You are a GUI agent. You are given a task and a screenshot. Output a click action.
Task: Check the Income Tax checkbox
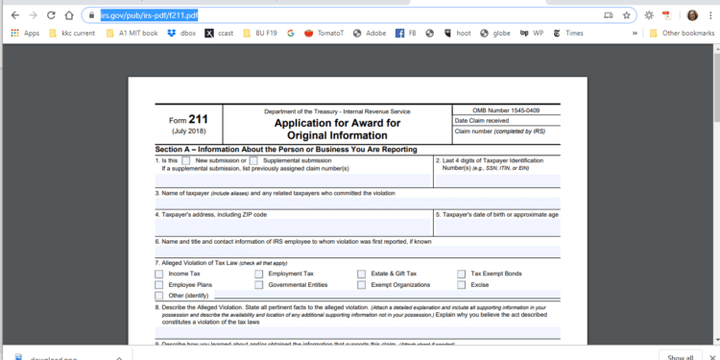tap(159, 274)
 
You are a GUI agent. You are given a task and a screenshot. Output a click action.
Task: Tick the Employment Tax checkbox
tap(259, 274)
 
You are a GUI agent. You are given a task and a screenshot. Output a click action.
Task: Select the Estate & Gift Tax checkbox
tap(361, 274)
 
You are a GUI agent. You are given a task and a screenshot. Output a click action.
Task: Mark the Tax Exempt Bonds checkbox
tap(462, 274)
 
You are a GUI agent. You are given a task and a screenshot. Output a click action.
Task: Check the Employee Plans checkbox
tap(159, 285)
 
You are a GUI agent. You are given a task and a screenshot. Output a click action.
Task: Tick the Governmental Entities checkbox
tap(259, 285)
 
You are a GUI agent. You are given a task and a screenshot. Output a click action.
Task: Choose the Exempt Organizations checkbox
tap(361, 285)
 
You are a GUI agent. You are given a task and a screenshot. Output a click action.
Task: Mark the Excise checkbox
tap(462, 285)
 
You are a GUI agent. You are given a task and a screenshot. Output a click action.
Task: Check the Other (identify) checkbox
tap(159, 296)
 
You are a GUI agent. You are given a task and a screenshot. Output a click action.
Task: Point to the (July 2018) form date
tap(185, 130)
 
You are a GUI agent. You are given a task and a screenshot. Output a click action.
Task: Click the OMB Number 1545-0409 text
tap(506, 110)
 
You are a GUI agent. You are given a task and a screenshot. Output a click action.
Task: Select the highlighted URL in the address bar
tap(150, 15)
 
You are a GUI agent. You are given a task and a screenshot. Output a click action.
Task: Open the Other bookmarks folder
tap(681, 33)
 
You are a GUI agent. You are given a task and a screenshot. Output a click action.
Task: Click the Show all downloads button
tap(680, 357)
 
